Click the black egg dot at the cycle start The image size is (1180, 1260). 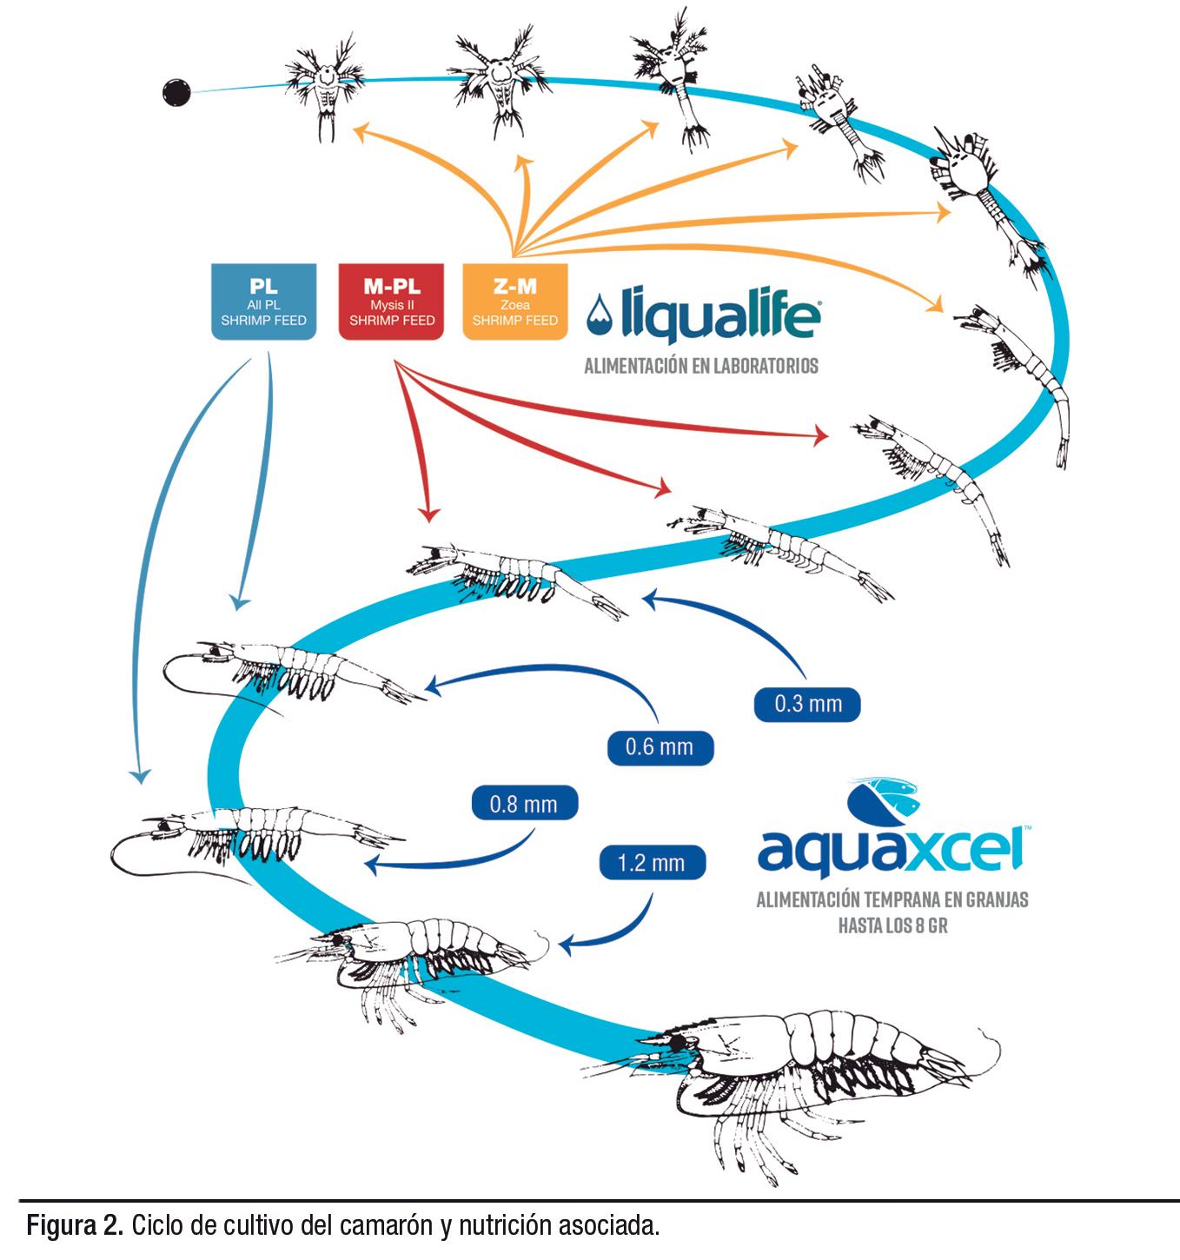(176, 91)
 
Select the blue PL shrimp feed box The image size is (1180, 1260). (263, 302)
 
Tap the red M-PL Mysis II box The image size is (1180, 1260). (392, 302)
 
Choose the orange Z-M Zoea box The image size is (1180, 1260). (515, 302)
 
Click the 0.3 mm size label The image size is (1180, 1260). (807, 704)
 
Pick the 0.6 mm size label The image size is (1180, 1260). (660, 746)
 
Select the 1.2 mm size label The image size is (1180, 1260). (652, 864)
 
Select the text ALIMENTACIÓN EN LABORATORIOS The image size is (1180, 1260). (700, 366)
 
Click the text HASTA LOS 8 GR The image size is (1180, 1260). (892, 925)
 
